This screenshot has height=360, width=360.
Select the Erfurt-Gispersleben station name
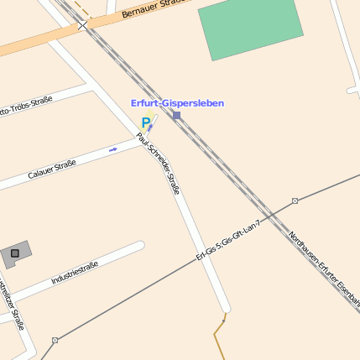click(x=177, y=102)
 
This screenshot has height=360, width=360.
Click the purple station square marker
click(x=176, y=115)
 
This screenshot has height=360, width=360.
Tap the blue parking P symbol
click(x=145, y=123)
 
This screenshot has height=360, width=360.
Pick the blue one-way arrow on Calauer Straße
click(x=113, y=149)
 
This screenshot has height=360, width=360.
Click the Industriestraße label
click(x=75, y=272)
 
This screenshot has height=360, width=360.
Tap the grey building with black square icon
click(x=15, y=253)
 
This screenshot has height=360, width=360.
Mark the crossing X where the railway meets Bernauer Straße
click(x=83, y=26)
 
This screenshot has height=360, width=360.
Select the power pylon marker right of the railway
click(x=295, y=201)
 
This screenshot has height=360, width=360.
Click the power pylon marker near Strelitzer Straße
click(x=55, y=340)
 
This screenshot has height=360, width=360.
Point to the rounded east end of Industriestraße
click(x=139, y=247)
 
